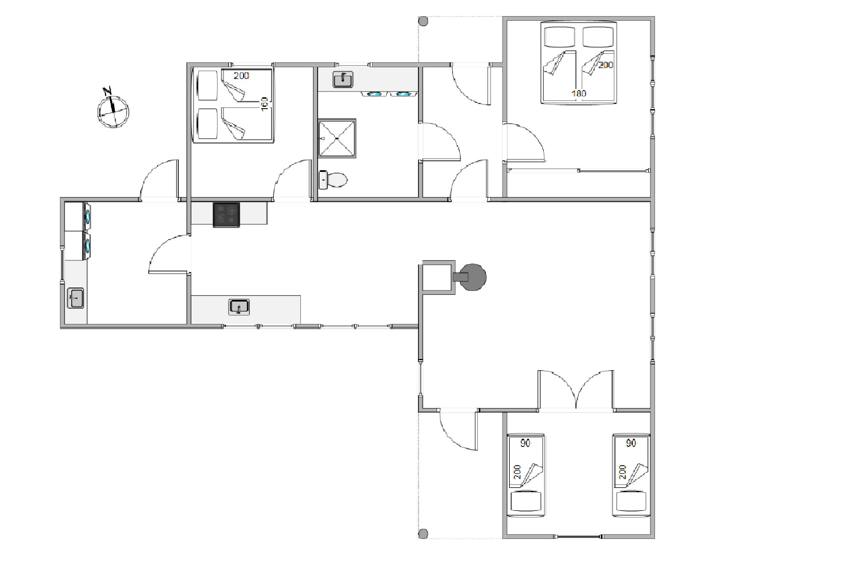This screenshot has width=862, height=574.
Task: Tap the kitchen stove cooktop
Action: click(x=226, y=215)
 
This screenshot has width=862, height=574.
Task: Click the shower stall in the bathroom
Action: click(x=337, y=138)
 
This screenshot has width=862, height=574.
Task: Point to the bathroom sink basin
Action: click(x=343, y=79)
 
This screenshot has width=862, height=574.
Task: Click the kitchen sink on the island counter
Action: click(x=239, y=307)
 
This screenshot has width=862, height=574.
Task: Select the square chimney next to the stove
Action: click(x=439, y=277)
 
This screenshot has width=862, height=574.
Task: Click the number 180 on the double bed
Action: click(x=579, y=93)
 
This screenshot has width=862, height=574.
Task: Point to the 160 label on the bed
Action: click(x=264, y=104)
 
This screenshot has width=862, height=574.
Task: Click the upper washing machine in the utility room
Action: click(x=78, y=216)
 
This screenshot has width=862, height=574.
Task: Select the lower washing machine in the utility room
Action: click(x=78, y=246)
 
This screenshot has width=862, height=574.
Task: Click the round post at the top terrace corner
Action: click(x=423, y=21)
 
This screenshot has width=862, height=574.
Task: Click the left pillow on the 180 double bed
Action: click(x=560, y=37)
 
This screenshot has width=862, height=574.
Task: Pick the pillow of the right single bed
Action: click(x=631, y=501)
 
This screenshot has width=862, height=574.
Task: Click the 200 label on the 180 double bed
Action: click(x=605, y=65)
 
